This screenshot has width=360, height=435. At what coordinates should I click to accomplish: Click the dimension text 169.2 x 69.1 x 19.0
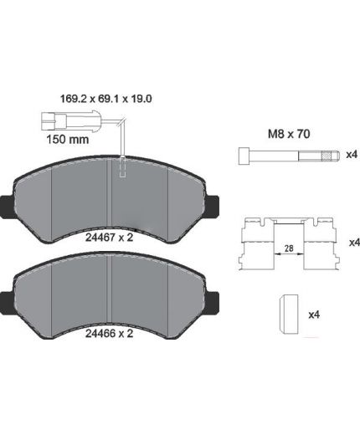point(106,99)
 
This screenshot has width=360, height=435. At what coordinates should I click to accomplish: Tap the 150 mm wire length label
point(67,139)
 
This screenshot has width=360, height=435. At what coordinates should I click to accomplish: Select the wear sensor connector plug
point(70,120)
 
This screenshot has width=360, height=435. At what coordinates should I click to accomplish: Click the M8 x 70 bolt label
point(289,134)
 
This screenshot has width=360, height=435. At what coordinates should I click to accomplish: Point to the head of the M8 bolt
point(244,156)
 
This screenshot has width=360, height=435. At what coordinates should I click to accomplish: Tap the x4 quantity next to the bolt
point(352,155)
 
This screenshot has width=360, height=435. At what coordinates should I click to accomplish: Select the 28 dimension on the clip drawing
point(289,248)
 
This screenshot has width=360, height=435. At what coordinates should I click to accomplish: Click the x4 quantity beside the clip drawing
point(354,243)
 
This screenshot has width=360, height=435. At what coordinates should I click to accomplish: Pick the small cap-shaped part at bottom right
point(289,314)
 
